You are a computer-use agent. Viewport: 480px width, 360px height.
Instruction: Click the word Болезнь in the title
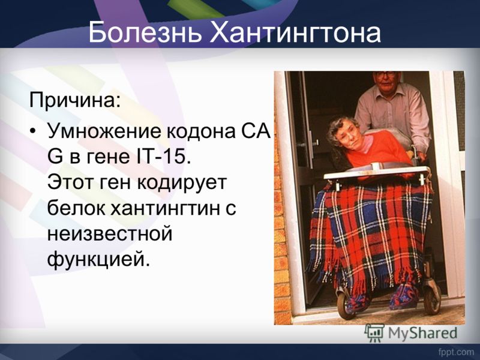(x=145, y=32)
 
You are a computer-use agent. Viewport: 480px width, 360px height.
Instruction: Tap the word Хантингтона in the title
(x=295, y=32)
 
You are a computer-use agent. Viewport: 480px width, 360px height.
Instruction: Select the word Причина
(x=75, y=101)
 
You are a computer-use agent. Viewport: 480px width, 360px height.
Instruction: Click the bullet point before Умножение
(x=33, y=131)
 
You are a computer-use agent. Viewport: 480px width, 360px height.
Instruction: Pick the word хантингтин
(x=160, y=208)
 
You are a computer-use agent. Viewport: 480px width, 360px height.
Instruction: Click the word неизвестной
(x=110, y=234)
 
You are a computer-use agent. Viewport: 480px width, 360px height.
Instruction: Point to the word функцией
(x=99, y=260)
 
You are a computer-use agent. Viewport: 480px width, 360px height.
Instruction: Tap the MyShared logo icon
(x=374, y=333)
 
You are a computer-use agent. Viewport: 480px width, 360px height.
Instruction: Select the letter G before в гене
(x=55, y=157)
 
